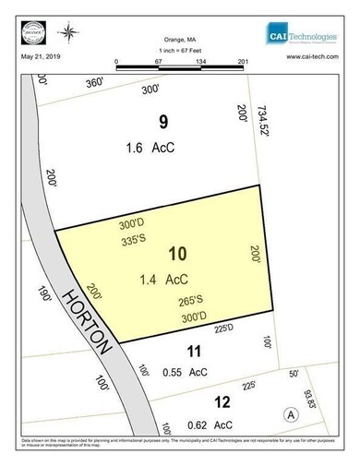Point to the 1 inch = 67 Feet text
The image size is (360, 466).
(x=180, y=53)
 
